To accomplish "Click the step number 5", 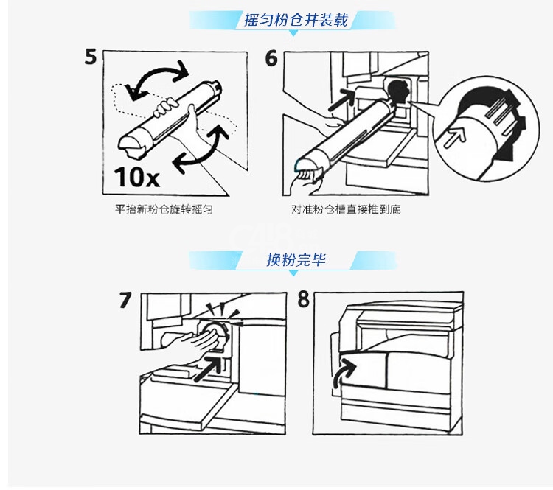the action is [90, 57].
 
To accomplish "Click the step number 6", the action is [271, 58].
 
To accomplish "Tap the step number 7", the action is [125, 301].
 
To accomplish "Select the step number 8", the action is [304, 299].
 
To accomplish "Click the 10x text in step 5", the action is [137, 177].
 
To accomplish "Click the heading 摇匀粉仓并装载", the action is [296, 20].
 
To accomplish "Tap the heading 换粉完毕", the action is [296, 260].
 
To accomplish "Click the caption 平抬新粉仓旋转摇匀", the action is [164, 209].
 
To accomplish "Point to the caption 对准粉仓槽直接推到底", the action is [346, 209].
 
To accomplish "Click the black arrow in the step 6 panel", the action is [341, 99].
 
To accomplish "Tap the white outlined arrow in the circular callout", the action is [455, 136].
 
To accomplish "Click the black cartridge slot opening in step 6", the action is [398, 91].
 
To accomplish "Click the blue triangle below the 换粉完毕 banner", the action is [293, 273].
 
